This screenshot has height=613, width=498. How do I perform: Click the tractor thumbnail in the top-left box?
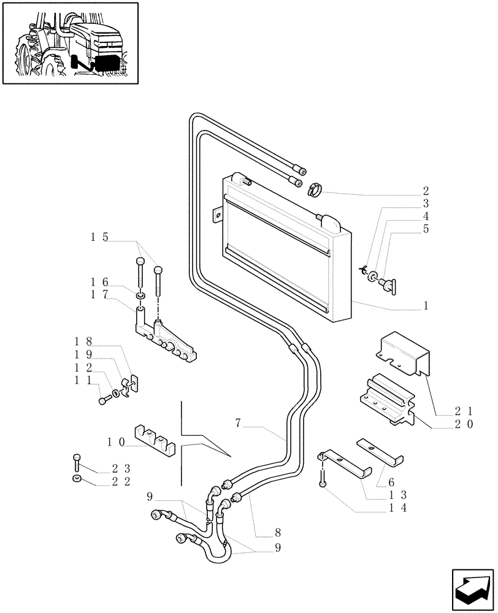(x=70, y=43)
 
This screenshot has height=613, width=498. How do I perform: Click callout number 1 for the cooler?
(x=425, y=305)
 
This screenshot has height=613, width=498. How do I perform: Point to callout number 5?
(x=425, y=229)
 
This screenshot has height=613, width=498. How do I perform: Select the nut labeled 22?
(x=75, y=479)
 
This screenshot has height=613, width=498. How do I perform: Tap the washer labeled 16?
(x=141, y=296)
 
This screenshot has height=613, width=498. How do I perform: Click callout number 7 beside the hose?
(x=239, y=422)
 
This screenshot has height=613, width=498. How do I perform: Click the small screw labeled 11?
(x=102, y=400)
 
